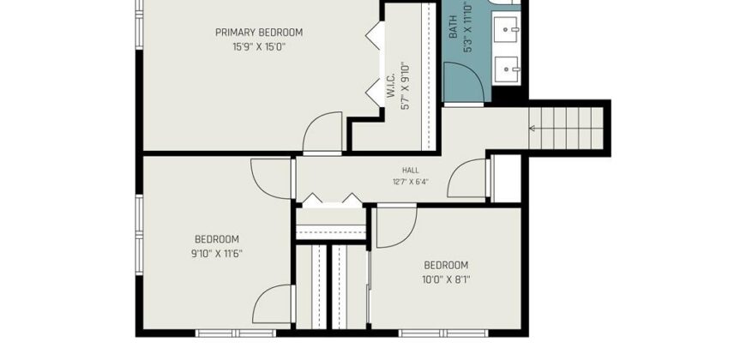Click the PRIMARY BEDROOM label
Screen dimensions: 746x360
point(259,33)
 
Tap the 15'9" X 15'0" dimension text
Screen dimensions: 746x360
point(259,47)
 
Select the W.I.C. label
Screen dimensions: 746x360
point(391,86)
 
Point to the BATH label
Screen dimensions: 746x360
point(453,27)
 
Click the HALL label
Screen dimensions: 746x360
point(411,171)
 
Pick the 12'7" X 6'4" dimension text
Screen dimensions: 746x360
point(411,181)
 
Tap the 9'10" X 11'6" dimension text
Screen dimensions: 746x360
point(216,254)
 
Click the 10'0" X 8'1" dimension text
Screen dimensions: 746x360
point(446,279)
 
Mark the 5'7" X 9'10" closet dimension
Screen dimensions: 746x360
point(406,86)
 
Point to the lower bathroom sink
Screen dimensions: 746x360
point(506,70)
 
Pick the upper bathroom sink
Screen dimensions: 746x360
point(506,30)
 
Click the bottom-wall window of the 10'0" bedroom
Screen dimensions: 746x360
point(443,333)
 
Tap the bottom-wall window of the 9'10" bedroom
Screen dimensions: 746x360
point(236,333)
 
